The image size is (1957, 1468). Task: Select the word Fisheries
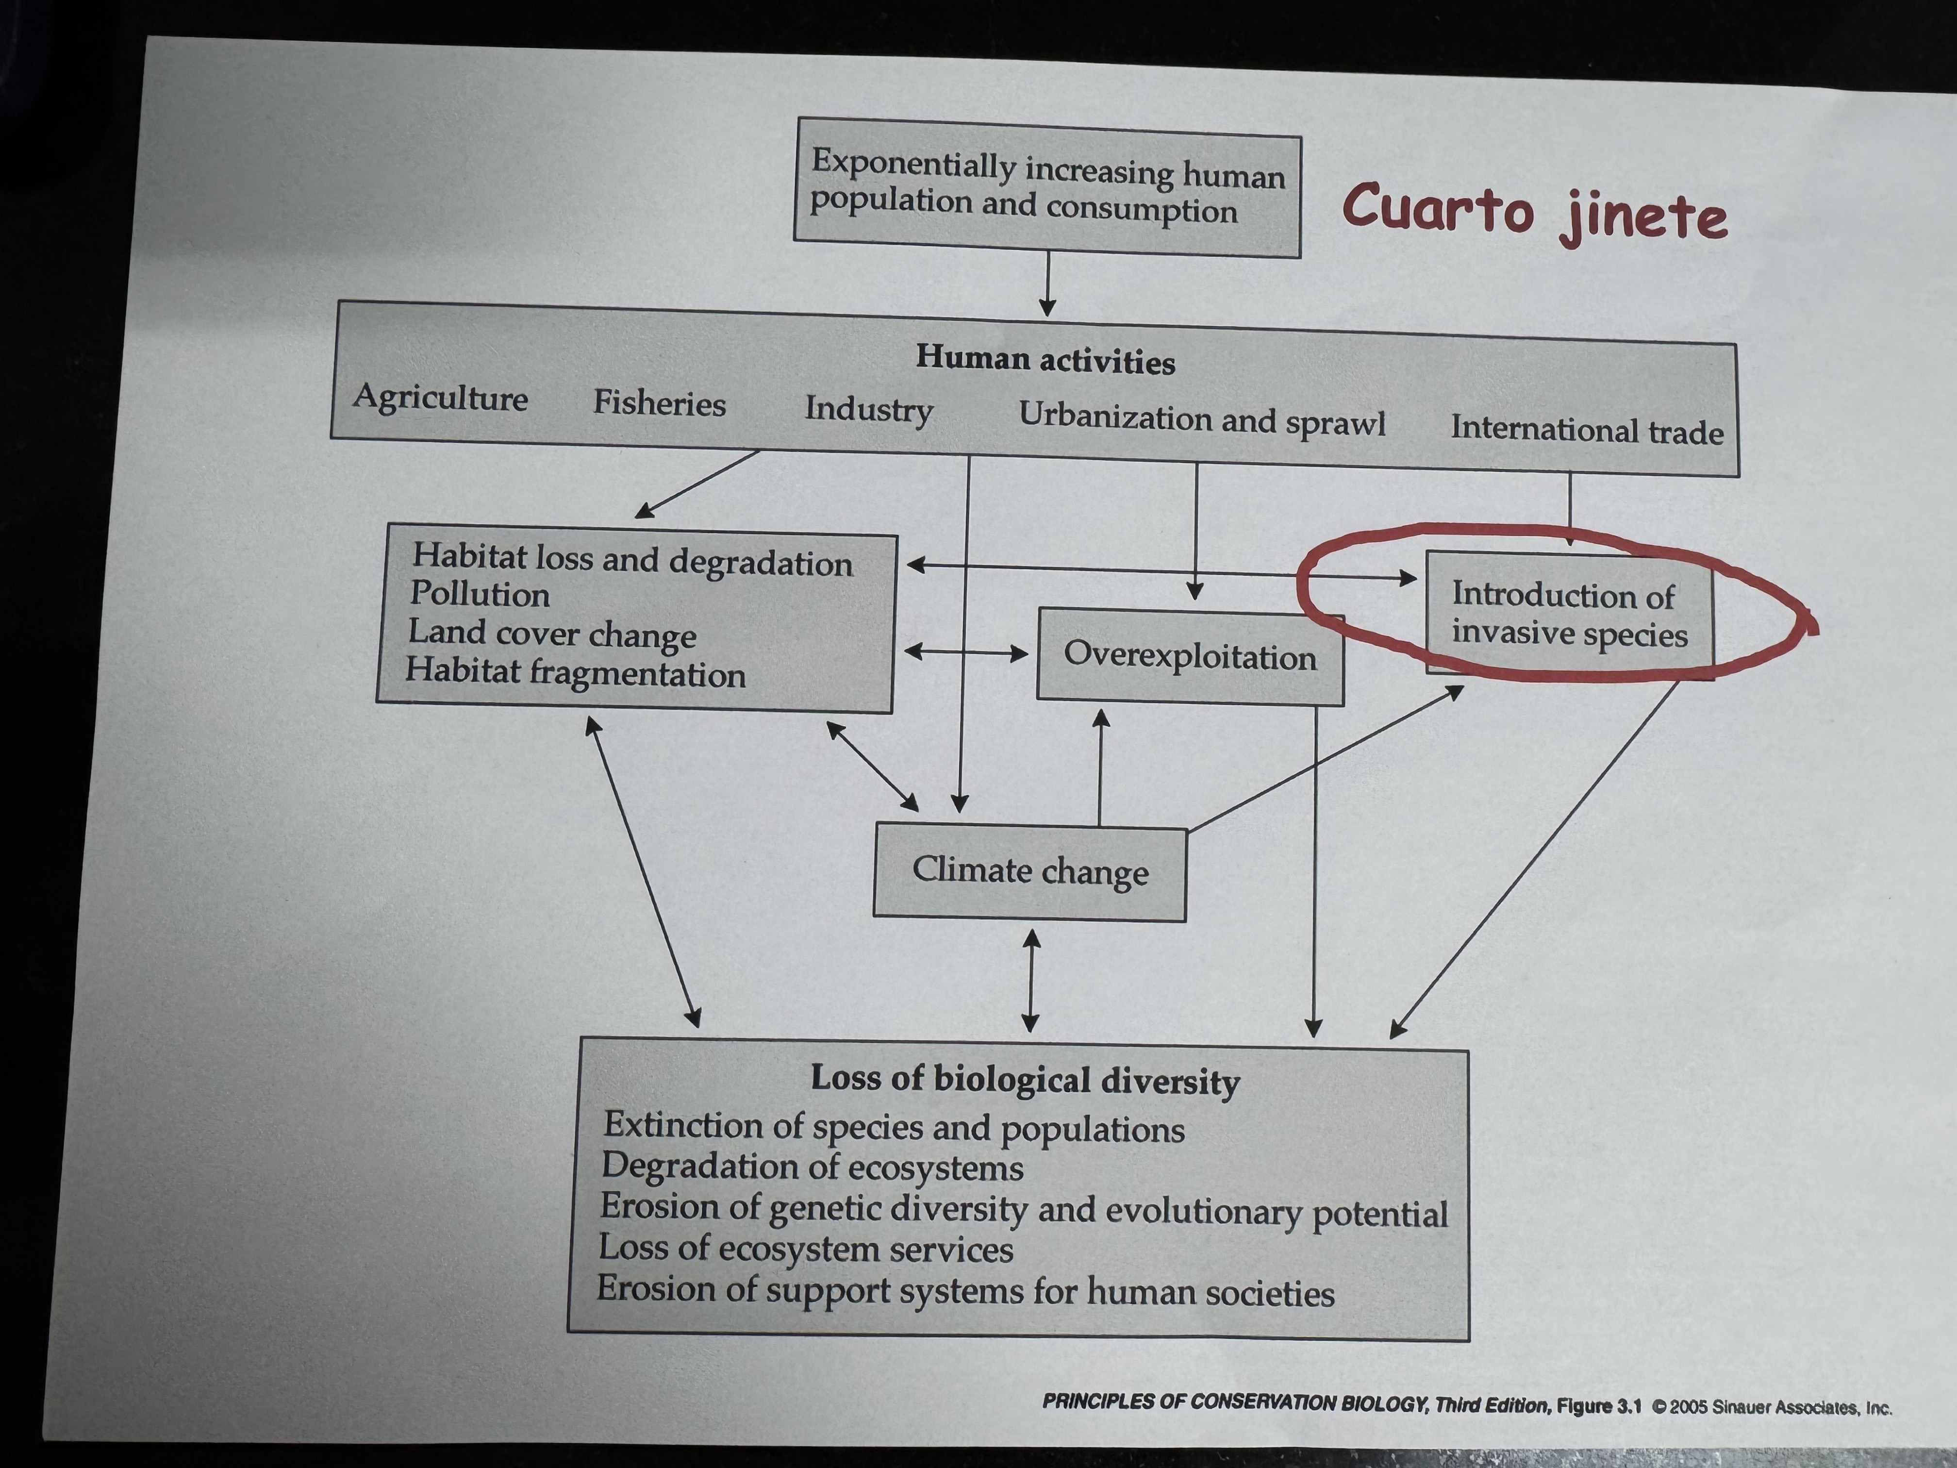click(659, 403)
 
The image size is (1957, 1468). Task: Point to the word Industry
click(868, 410)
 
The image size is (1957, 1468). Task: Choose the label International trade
click(1586, 430)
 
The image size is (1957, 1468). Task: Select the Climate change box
click(1030, 871)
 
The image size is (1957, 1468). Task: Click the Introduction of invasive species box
click(1569, 614)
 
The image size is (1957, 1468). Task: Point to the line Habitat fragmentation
click(575, 673)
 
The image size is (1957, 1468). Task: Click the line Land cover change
click(552, 634)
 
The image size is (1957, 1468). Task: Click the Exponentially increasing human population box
click(1047, 187)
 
